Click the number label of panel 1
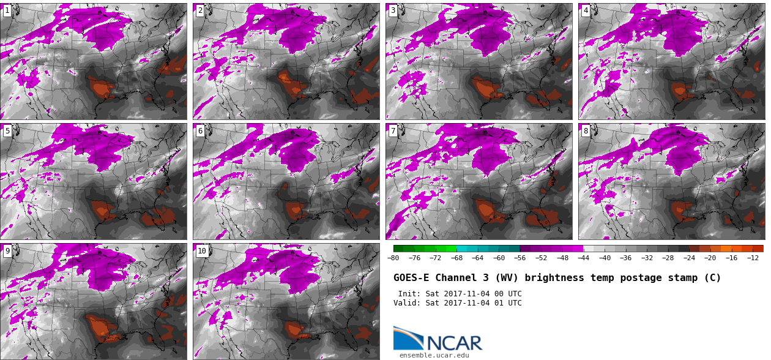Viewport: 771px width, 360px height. pyautogui.click(x=7, y=10)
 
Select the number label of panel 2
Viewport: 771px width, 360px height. pyautogui.click(x=200, y=10)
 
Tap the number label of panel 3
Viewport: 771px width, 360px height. pyautogui.click(x=393, y=10)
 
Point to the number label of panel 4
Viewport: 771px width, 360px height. pyautogui.click(x=586, y=10)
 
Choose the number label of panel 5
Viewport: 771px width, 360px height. pyautogui.click(x=7, y=131)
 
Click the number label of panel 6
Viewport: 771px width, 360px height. pyautogui.click(x=200, y=131)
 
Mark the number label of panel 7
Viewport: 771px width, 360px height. pyautogui.click(x=393, y=131)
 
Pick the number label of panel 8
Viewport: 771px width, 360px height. pyautogui.click(x=586, y=131)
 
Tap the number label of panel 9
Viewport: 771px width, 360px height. pyautogui.click(x=7, y=251)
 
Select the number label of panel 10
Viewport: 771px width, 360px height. pyautogui.click(x=202, y=251)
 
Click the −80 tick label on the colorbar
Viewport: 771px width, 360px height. pyautogui.click(x=393, y=258)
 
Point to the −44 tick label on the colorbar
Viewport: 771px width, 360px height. pyautogui.click(x=583, y=258)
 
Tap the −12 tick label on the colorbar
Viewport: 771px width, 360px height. pyautogui.click(x=753, y=258)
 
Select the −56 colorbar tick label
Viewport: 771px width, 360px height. pyautogui.click(x=520, y=258)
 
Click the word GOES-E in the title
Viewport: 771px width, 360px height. pyautogui.click(x=411, y=278)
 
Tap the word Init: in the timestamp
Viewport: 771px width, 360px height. pyautogui.click(x=409, y=294)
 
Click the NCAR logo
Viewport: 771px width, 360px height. pyautogui.click(x=438, y=339)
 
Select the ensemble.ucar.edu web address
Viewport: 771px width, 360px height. pyautogui.click(x=434, y=355)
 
